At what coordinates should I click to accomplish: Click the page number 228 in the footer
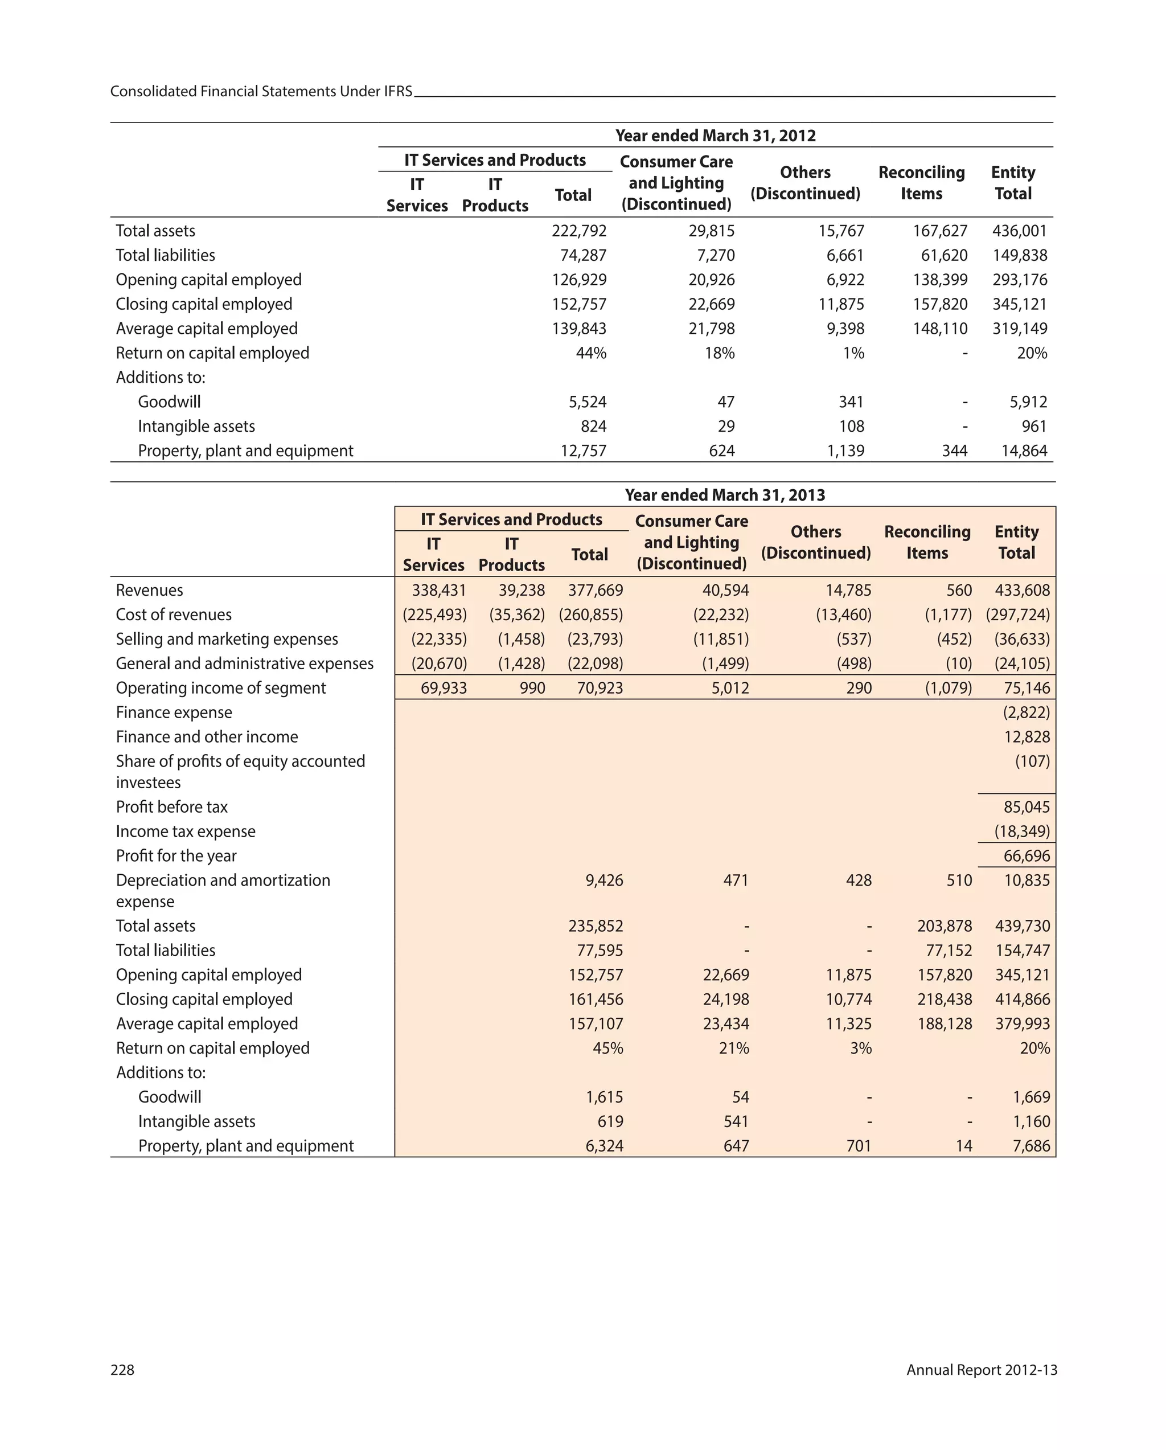click(122, 1370)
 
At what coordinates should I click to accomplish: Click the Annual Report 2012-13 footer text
click(981, 1370)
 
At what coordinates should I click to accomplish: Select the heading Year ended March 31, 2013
click(724, 495)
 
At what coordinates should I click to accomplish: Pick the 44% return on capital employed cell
click(591, 353)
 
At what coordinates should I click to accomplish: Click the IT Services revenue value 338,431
click(438, 590)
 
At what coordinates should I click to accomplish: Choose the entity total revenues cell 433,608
click(1021, 590)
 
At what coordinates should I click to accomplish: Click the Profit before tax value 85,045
click(1026, 806)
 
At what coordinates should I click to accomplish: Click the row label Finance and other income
click(207, 736)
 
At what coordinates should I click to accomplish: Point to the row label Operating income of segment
click(220, 688)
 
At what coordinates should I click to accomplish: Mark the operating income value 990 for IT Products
click(532, 688)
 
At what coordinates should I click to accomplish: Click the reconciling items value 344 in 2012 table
click(954, 450)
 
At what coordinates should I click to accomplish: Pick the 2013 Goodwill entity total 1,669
click(1031, 1097)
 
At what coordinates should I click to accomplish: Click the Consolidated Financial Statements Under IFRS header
click(261, 92)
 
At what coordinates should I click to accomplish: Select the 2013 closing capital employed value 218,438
click(944, 1000)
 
